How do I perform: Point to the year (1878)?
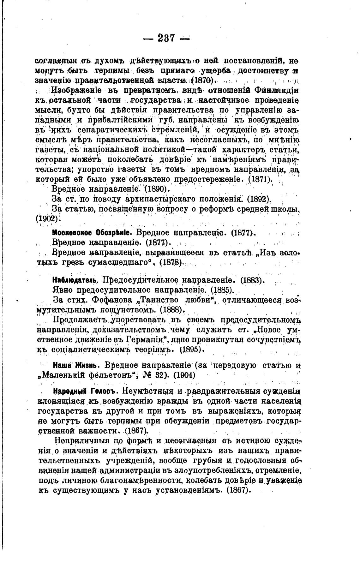click(x=172, y=263)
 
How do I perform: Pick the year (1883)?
click(x=252, y=280)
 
